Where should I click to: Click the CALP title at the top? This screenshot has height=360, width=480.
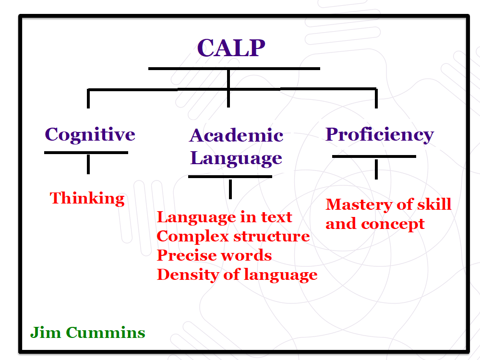[231, 48]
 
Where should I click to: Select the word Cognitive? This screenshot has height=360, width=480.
[90, 135]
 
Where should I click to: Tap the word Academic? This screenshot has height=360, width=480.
[236, 135]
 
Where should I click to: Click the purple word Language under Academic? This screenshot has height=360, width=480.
[236, 159]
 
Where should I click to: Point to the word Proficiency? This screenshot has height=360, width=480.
[380, 135]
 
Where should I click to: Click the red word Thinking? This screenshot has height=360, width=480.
[87, 199]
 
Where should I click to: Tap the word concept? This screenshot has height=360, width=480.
[393, 225]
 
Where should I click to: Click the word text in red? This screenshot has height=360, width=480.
[276, 217]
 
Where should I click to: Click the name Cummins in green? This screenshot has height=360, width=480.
[106, 333]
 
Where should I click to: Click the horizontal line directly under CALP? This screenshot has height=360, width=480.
[234, 69]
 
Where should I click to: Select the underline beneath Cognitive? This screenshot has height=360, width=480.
[86, 153]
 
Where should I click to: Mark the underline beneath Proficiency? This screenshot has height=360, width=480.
[374, 156]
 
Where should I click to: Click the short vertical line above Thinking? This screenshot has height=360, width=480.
[88, 164]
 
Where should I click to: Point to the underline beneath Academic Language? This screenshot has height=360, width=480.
[230, 177]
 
